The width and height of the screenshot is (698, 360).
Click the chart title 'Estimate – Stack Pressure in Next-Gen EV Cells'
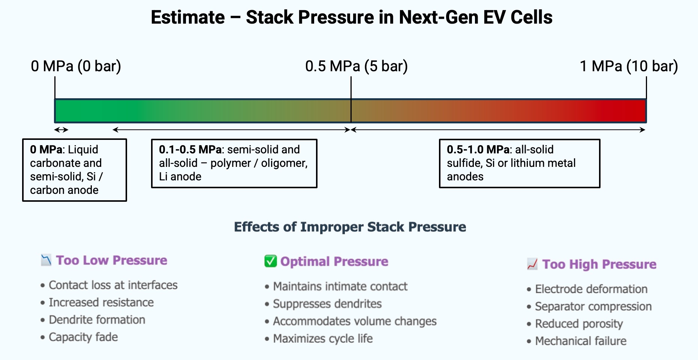pyautogui.click(x=351, y=17)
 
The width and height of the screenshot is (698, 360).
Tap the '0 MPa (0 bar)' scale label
pyautogui.click(x=76, y=66)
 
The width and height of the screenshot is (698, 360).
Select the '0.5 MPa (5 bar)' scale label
pyautogui.click(x=356, y=66)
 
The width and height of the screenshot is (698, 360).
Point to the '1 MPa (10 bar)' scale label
pyautogui.click(x=629, y=66)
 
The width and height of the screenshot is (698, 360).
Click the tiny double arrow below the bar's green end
pyautogui.click(x=61, y=130)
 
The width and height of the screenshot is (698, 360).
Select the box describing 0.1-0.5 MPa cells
pyautogui.click(x=234, y=163)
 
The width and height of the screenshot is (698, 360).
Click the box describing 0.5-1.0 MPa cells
pyautogui.click(x=519, y=163)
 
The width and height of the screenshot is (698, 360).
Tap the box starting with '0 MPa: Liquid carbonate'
pyautogui.click(x=74, y=170)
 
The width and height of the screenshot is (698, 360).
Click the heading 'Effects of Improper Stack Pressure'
pyautogui.click(x=350, y=227)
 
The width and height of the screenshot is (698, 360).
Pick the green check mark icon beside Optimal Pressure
pyautogui.click(x=270, y=261)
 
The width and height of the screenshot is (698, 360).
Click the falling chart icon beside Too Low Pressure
pyautogui.click(x=46, y=260)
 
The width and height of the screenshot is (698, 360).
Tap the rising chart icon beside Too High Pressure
pyautogui.click(x=532, y=264)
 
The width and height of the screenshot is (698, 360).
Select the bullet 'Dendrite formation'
pyautogui.click(x=97, y=320)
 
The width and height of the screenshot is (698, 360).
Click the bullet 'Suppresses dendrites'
pyautogui.click(x=327, y=304)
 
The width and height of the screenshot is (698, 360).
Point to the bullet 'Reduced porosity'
pyautogui.click(x=578, y=324)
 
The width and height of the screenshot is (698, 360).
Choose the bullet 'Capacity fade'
pyautogui.click(x=83, y=337)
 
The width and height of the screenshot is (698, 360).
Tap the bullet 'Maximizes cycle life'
pyautogui.click(x=322, y=339)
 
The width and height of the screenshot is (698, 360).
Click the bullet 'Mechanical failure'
pyautogui.click(x=580, y=341)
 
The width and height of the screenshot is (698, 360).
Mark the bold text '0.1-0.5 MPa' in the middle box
pyautogui.click(x=190, y=150)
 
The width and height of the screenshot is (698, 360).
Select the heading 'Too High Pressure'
pyautogui.click(x=599, y=264)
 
